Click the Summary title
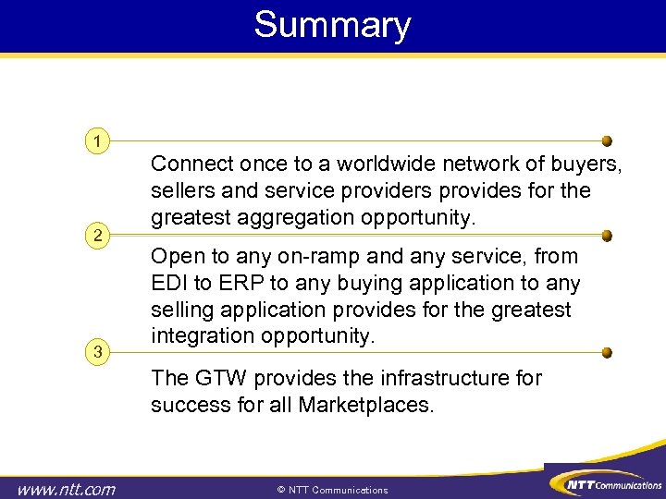[x=332, y=25]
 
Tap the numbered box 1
[x=95, y=141]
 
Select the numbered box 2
[x=95, y=236]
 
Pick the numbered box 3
[x=95, y=351]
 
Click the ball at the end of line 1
[x=607, y=141]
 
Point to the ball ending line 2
[x=607, y=236]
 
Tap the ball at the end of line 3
[x=607, y=352]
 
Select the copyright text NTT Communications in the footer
[x=333, y=490]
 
